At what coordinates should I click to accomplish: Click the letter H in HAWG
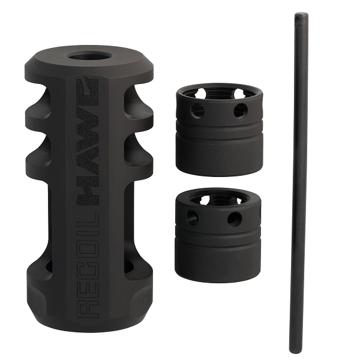point(88,197)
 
